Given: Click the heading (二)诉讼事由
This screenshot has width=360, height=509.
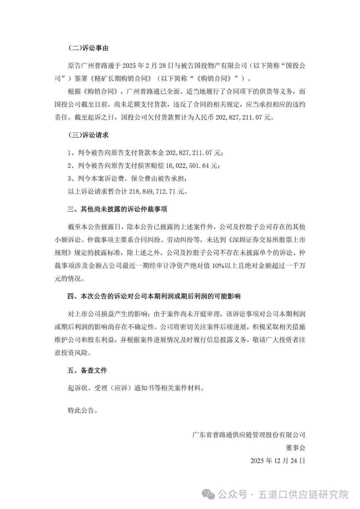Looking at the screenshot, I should coord(88,48).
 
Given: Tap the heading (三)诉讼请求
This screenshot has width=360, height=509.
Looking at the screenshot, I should coord(88,135).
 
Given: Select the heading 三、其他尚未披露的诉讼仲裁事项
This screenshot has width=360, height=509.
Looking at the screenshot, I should coord(117,209).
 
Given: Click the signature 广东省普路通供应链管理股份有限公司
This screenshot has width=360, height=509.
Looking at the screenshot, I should coord(249,435).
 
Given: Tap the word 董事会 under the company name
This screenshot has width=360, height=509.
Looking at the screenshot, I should coord(295,448).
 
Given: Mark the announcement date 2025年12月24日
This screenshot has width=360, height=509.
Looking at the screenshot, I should coord(278,461).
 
